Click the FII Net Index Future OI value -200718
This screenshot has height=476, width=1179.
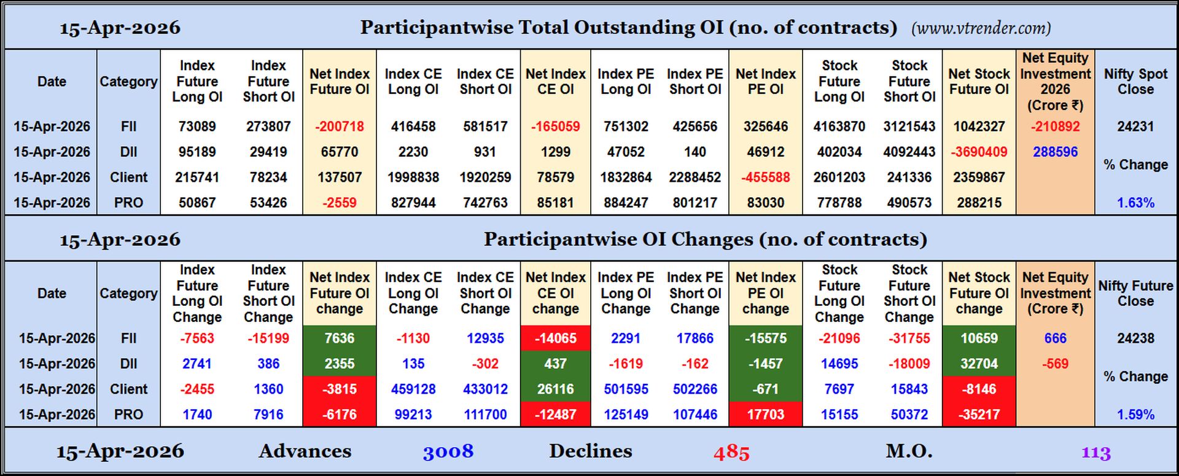click(339, 127)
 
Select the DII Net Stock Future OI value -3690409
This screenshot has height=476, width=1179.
click(979, 152)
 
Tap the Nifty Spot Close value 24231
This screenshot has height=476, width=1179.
click(1135, 127)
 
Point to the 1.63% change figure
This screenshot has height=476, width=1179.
click(1135, 203)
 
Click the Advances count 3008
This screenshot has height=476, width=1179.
click(448, 452)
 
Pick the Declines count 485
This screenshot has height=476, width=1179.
click(731, 453)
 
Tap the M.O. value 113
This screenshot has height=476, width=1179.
click(1095, 453)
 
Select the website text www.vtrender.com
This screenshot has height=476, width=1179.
click(981, 28)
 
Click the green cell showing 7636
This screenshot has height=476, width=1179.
click(339, 338)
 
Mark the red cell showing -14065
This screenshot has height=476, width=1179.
click(555, 338)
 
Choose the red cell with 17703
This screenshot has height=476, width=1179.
click(765, 415)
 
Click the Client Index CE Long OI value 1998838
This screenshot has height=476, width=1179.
click(413, 178)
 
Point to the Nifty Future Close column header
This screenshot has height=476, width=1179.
click(1135, 294)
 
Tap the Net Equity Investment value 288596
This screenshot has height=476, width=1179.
click(1054, 152)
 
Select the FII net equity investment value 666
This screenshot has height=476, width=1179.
click(1054, 338)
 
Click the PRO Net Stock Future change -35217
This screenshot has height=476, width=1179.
click(979, 415)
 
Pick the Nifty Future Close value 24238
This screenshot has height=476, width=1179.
click(1135, 338)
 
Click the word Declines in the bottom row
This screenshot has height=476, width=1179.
click(590, 451)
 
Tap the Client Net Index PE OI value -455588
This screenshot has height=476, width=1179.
click(765, 178)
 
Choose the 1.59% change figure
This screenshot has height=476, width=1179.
click(1135, 415)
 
